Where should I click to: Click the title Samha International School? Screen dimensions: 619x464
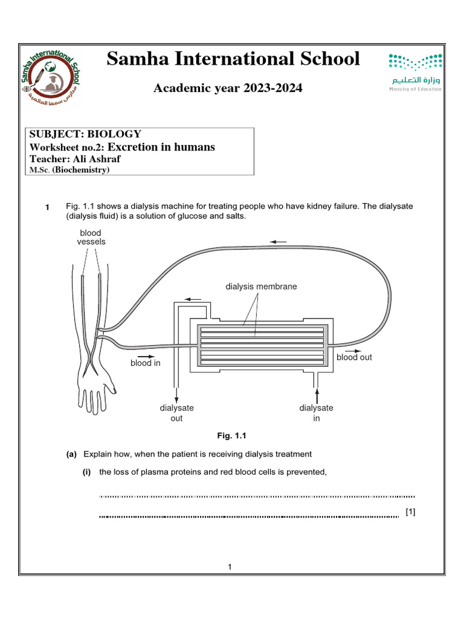pos(233,59)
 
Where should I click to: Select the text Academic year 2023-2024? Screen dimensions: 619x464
pos(228,89)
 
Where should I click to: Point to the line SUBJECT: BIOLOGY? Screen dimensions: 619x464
pos(85,134)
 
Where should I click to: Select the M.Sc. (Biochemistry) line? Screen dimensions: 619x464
pos(69,170)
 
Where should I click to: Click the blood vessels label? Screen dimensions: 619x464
pos(91,237)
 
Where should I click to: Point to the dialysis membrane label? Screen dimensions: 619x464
pos(261,287)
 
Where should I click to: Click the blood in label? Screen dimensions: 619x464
pos(145,363)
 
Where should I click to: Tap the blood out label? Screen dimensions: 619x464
pos(354,357)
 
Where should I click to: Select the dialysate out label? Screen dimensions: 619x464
pos(176,413)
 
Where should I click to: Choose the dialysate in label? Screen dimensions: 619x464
pos(316,413)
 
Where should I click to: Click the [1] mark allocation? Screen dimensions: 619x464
pos(411,512)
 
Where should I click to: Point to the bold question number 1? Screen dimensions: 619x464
pos(47,208)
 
